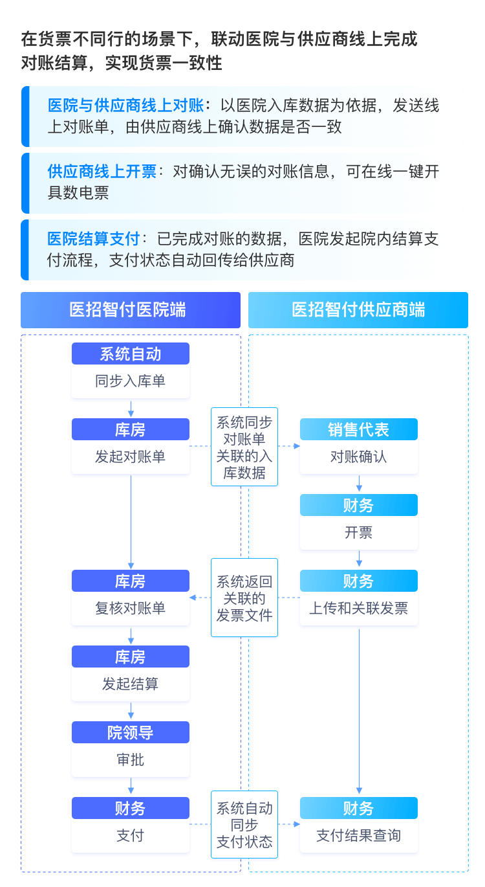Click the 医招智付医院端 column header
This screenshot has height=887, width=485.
pos(130,309)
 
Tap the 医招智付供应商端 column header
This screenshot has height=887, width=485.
pos(358,309)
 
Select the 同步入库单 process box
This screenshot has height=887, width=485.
pos(130,381)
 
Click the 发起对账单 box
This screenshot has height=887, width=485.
pos(130,457)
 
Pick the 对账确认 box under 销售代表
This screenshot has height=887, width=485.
pos(358,457)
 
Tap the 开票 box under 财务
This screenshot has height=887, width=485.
pos(358,533)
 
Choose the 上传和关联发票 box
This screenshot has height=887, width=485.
pos(358,609)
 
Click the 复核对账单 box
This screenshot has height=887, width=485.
pos(130,609)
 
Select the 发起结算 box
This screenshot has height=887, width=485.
pos(130,684)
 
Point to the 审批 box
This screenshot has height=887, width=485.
pos(130,760)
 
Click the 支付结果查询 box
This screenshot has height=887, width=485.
pos(358,836)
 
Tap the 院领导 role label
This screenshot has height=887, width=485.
pos(130,733)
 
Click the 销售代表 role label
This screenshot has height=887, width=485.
pos(358,430)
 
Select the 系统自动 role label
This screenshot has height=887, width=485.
pos(130,354)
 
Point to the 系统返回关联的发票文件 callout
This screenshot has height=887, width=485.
pos(244,598)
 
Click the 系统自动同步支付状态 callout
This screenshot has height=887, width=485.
pos(244,825)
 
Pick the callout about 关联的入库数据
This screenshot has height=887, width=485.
pos(244,447)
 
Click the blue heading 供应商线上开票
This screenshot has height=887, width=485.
pos(102,172)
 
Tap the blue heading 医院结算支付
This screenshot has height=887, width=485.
pos(93,239)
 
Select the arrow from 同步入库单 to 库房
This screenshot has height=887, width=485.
pos(131,409)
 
